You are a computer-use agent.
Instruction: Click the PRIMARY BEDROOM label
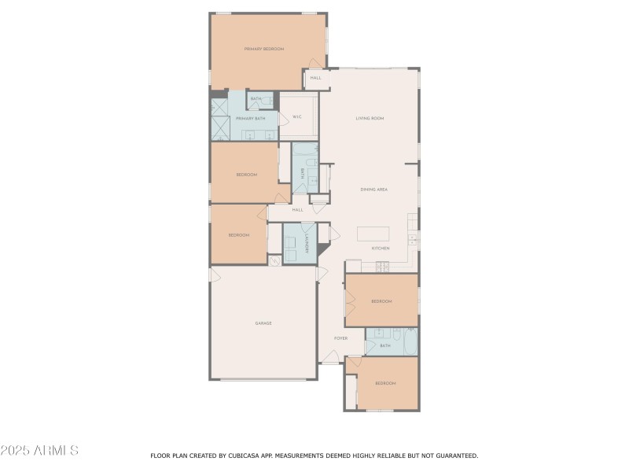click(263, 49)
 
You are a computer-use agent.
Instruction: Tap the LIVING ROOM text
click(370, 118)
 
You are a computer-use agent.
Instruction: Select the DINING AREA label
click(374, 190)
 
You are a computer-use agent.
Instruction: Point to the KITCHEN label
click(381, 249)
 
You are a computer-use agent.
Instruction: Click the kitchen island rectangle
click(373, 234)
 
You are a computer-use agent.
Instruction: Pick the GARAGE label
click(263, 323)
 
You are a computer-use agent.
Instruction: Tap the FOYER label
click(340, 338)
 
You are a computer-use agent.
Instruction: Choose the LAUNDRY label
click(306, 245)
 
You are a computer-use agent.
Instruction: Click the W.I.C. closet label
click(297, 117)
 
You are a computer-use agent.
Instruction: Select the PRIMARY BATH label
click(250, 118)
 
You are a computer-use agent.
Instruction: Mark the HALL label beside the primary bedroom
click(315, 78)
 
